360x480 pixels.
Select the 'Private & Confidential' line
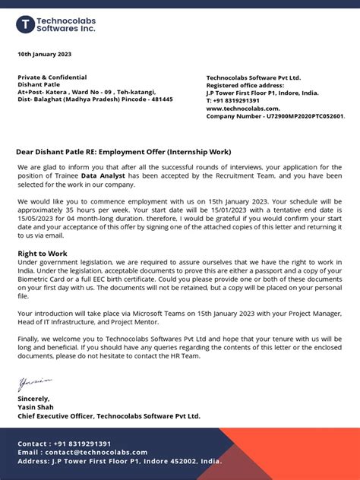[x=52, y=77]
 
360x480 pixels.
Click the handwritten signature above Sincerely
[x=34, y=384]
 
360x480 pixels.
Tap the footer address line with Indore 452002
[x=120, y=461]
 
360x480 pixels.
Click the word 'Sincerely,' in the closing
[x=34, y=399]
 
